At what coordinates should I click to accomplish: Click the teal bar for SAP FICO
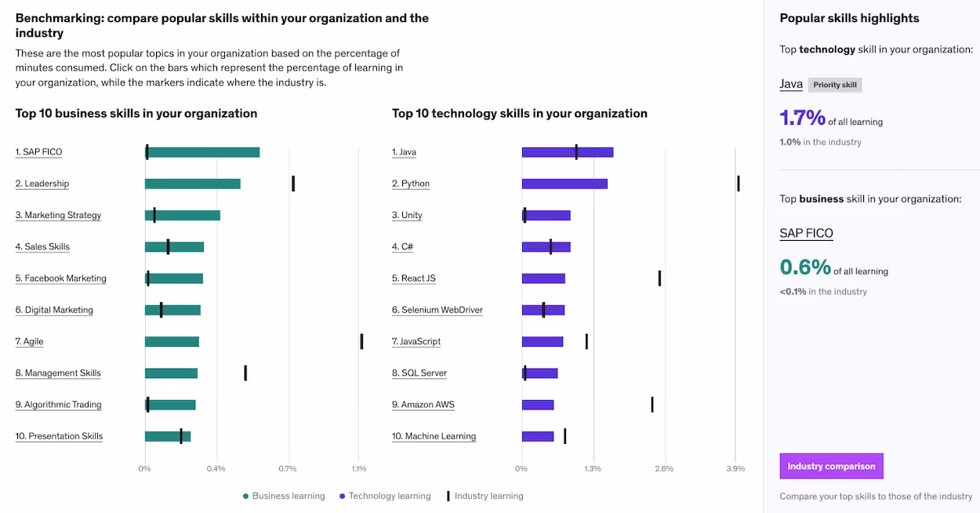[x=202, y=152]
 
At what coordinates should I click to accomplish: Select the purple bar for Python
[x=564, y=184]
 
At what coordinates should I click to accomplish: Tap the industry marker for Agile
[x=361, y=341]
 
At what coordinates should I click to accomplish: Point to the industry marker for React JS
[x=660, y=278]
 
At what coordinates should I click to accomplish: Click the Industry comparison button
[x=831, y=466]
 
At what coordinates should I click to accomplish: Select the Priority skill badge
[x=835, y=85]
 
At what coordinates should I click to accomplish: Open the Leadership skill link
[x=42, y=184]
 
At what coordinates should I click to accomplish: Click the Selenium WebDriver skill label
[x=437, y=310]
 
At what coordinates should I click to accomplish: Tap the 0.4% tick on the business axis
[x=216, y=469]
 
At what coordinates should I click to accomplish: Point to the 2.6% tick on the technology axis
[x=664, y=469]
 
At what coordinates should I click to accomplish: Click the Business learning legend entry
[x=284, y=496]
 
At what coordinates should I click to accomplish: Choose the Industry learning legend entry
[x=485, y=496]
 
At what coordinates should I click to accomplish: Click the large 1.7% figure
[x=802, y=118]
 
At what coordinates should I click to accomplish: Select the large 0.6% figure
[x=805, y=267]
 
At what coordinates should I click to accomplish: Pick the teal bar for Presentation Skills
[x=168, y=436]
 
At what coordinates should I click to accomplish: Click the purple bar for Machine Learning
[x=538, y=436]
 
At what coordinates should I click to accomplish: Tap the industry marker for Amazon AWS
[x=652, y=405]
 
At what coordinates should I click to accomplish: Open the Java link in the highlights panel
[x=791, y=84]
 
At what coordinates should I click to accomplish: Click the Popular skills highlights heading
[x=849, y=18]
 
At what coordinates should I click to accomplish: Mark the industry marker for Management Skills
[x=245, y=373]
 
